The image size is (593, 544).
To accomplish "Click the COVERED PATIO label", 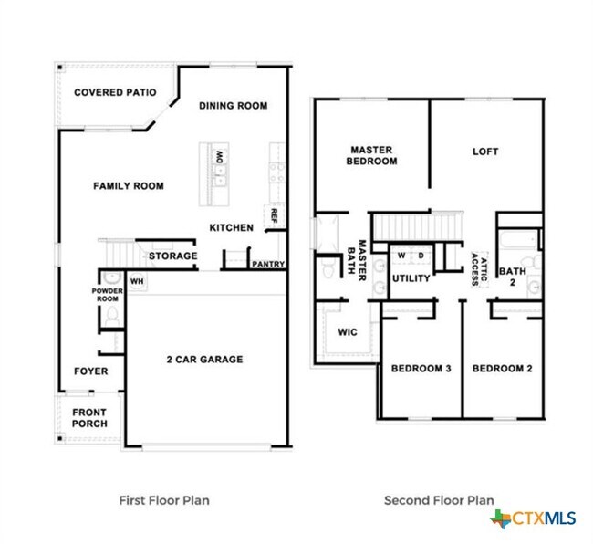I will pyautogui.click(x=115, y=92).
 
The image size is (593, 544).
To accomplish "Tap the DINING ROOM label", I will pyautogui.click(x=234, y=106).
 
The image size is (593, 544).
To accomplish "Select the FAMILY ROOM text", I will pyautogui.click(x=129, y=186).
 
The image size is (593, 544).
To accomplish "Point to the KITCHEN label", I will pyautogui.click(x=231, y=227).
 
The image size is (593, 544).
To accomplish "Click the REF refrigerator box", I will pyautogui.click(x=272, y=216).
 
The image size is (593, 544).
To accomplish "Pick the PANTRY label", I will pyautogui.click(x=268, y=265).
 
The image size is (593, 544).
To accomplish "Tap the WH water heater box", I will pyautogui.click(x=137, y=281).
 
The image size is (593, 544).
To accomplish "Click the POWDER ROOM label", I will pyautogui.click(x=107, y=294).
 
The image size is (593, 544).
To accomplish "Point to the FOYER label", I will pyautogui.click(x=91, y=371).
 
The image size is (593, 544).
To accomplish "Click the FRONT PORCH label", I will pyautogui.click(x=89, y=417).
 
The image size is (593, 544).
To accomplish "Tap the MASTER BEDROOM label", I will pyautogui.click(x=372, y=155).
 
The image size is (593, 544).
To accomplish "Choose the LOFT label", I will pyautogui.click(x=485, y=152).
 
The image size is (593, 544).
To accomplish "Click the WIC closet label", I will pyautogui.click(x=347, y=332).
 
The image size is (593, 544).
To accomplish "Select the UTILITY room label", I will pyautogui.click(x=411, y=278).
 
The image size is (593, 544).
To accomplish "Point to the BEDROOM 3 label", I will pyautogui.click(x=421, y=369).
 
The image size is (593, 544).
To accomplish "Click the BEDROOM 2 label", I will pyautogui.click(x=502, y=369).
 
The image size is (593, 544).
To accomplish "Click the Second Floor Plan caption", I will pyautogui.click(x=439, y=500).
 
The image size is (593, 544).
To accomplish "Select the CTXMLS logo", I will pyautogui.click(x=534, y=518).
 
